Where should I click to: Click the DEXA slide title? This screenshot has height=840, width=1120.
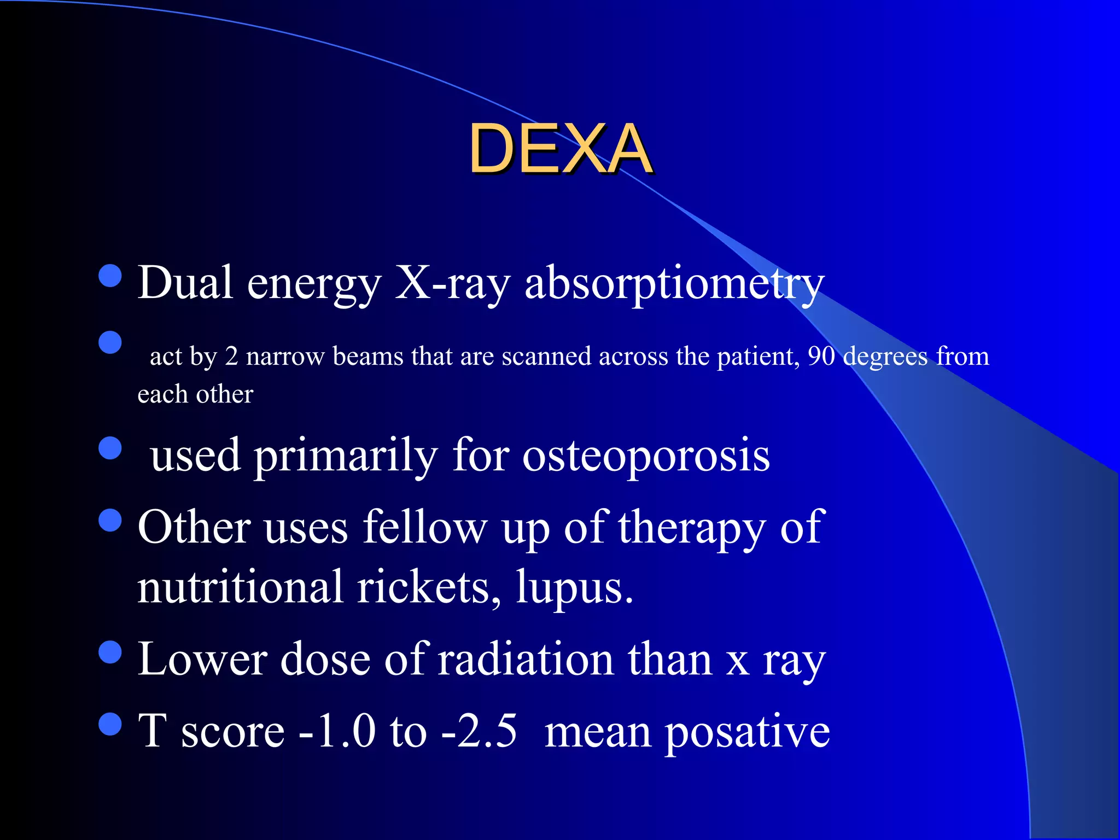[x=560, y=149]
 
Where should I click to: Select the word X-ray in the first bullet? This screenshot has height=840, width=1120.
[x=452, y=283]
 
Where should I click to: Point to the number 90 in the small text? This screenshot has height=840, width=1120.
[x=821, y=357]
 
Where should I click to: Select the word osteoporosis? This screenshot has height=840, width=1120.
[x=646, y=456]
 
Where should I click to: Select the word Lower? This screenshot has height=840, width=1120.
[x=202, y=659]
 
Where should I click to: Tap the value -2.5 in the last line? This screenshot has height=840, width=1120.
[x=479, y=731]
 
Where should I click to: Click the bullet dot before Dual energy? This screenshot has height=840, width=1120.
[x=110, y=276]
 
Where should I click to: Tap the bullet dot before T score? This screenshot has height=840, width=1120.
[x=110, y=724]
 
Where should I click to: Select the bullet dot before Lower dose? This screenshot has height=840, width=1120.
[x=110, y=652]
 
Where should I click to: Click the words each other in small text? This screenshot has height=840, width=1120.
[x=195, y=394]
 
